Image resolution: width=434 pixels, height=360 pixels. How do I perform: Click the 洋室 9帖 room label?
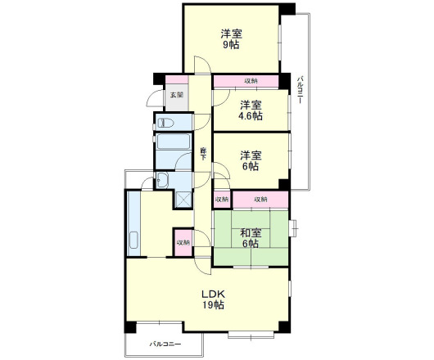[231, 39]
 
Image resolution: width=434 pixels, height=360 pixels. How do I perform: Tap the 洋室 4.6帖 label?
[251, 110]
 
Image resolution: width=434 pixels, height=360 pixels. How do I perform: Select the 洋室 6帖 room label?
[251, 160]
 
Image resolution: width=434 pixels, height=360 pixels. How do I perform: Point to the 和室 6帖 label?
[251, 238]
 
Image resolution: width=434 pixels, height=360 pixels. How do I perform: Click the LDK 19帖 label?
[213, 299]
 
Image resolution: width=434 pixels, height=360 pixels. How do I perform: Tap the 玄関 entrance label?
[177, 95]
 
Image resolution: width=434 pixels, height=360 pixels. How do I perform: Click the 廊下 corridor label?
[203, 154]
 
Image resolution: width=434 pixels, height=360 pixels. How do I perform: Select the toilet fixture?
[165, 123]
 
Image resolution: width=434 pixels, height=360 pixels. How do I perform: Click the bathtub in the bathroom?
[174, 142]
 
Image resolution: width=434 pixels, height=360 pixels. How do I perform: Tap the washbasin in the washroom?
[162, 180]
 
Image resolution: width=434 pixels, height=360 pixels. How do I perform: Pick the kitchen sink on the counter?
[133, 240]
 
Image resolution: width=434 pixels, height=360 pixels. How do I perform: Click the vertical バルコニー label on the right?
[301, 91]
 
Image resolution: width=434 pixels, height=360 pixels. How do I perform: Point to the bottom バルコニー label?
[165, 344]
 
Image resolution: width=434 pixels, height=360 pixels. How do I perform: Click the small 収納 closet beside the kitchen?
[183, 242]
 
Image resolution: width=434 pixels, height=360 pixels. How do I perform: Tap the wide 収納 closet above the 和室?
[260, 199]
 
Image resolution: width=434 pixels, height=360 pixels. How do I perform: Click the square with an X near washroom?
[183, 199]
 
